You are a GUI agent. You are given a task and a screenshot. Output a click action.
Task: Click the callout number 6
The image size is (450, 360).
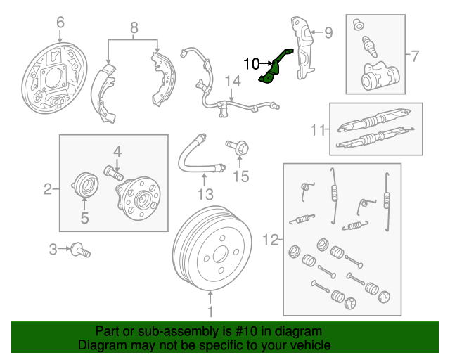[x=60, y=23]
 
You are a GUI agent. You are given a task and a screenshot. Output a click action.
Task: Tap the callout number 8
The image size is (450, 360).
[x=134, y=29]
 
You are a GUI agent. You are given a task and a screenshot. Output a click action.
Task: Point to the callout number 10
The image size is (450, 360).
[x=252, y=64]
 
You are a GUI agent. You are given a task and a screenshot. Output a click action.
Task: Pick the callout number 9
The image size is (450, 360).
[x=328, y=32]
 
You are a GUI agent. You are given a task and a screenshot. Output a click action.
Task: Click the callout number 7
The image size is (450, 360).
[x=414, y=55]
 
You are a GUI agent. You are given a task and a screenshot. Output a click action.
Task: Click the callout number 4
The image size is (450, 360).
[x=117, y=150]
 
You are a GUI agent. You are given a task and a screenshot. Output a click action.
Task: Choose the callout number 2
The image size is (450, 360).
[x=48, y=188]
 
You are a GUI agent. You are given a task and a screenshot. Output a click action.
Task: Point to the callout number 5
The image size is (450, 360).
[x=84, y=219]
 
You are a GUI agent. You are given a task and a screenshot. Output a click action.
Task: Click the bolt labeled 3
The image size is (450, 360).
[x=82, y=250]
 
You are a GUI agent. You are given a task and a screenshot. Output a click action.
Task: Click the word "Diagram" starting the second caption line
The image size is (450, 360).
[x=103, y=345]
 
